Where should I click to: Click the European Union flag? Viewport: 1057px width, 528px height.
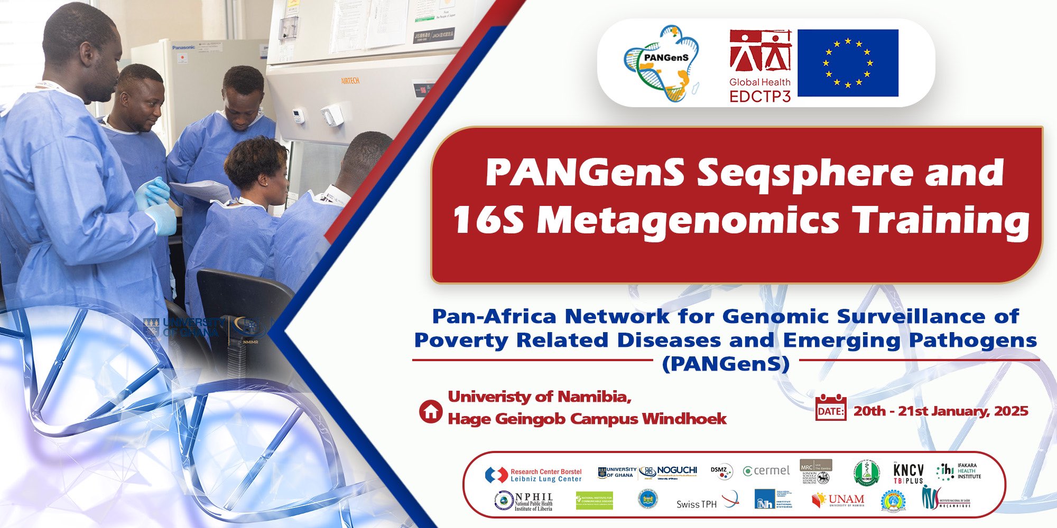(x=848, y=63)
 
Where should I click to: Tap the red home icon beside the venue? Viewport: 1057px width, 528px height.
(x=431, y=411)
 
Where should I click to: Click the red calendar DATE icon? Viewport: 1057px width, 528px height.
(x=831, y=408)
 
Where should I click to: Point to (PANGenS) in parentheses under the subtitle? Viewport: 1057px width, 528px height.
(x=726, y=364)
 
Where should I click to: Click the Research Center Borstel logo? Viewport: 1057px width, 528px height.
(x=533, y=475)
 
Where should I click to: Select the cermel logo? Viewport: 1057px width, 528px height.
(x=766, y=470)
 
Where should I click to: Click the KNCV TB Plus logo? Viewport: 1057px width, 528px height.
(x=908, y=473)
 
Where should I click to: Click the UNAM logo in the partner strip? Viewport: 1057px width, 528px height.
(x=838, y=500)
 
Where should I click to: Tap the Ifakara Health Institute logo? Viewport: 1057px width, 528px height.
(x=959, y=472)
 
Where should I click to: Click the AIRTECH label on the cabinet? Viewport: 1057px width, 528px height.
(x=350, y=81)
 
